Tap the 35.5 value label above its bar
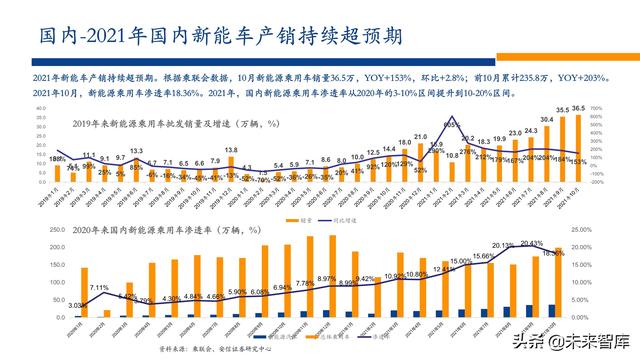562,110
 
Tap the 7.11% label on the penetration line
99,288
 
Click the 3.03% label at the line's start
77,305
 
